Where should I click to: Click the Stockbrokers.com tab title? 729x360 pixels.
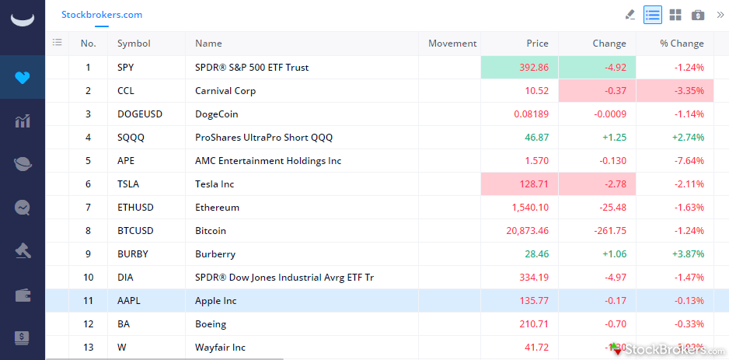pyautogui.click(x=102, y=15)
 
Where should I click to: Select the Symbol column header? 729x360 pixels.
pyautogui.click(x=134, y=44)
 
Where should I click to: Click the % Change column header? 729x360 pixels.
pyautogui.click(x=682, y=44)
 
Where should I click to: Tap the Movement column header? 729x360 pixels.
pyautogui.click(x=452, y=44)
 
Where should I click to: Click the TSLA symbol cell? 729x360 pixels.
pyautogui.click(x=129, y=184)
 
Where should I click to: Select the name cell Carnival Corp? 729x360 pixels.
pyautogui.click(x=225, y=91)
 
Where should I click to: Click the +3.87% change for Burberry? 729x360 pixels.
pyautogui.click(x=688, y=254)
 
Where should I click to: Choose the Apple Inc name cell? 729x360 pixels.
pyautogui.click(x=216, y=301)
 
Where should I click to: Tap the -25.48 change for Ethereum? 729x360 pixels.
pyautogui.click(x=610, y=208)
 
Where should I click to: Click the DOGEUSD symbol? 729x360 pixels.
pyautogui.click(x=140, y=114)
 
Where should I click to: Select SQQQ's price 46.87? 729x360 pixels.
pyautogui.click(x=536, y=138)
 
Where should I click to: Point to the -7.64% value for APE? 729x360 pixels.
pyautogui.click(x=689, y=161)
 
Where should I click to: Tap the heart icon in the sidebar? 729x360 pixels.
pyautogui.click(x=22, y=78)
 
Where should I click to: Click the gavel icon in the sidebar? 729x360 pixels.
pyautogui.click(x=22, y=251)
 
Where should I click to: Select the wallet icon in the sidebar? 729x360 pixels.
pyautogui.click(x=22, y=295)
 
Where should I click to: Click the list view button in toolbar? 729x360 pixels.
pyautogui.click(x=653, y=15)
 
